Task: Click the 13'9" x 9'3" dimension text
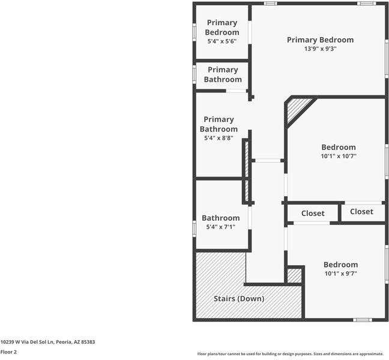[320, 49]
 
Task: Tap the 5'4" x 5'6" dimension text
[222, 41]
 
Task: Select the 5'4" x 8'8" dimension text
[219, 139]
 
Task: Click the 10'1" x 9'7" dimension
[340, 274]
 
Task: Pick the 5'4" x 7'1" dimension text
[220, 227]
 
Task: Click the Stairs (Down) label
[239, 298]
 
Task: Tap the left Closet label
[313, 213]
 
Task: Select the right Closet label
[361, 211]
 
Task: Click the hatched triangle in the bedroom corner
[297, 109]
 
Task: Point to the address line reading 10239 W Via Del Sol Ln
[47, 341]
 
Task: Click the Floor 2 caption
[8, 352]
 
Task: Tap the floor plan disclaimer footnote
[290, 353]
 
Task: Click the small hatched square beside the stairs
[294, 275]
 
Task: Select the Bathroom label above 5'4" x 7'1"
[220, 218]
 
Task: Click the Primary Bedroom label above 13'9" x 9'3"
[320, 40]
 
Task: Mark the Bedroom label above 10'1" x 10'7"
[339, 147]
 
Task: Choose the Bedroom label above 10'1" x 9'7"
[340, 265]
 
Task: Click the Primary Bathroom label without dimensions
[223, 74]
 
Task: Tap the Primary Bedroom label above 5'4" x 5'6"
[222, 27]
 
